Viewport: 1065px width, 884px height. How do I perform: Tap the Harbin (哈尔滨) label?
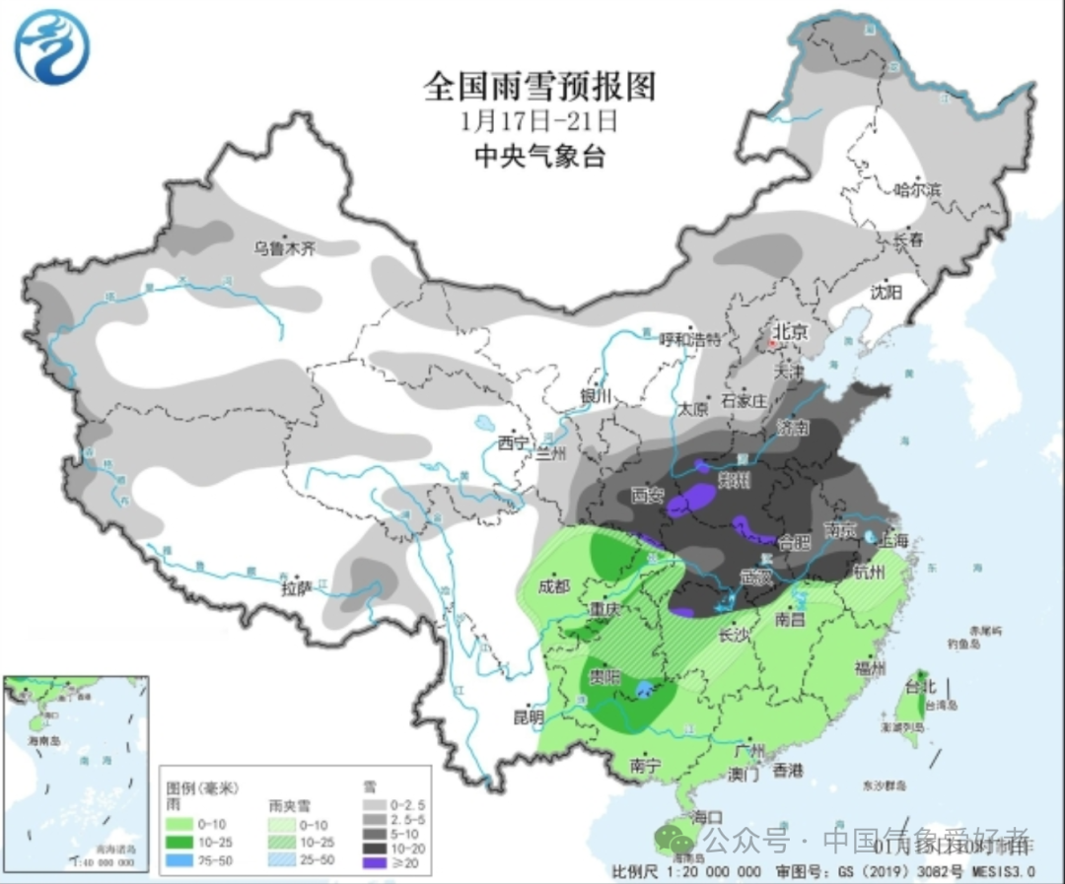[x=916, y=189]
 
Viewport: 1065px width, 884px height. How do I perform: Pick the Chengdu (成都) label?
[x=554, y=586]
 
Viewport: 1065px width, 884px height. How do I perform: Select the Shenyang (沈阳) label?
[x=887, y=291]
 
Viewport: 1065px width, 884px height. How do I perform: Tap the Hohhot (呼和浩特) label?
[x=690, y=339]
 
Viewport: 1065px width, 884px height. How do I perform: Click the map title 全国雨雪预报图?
[x=539, y=87]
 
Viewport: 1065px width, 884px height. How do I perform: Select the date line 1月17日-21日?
[x=538, y=121]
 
